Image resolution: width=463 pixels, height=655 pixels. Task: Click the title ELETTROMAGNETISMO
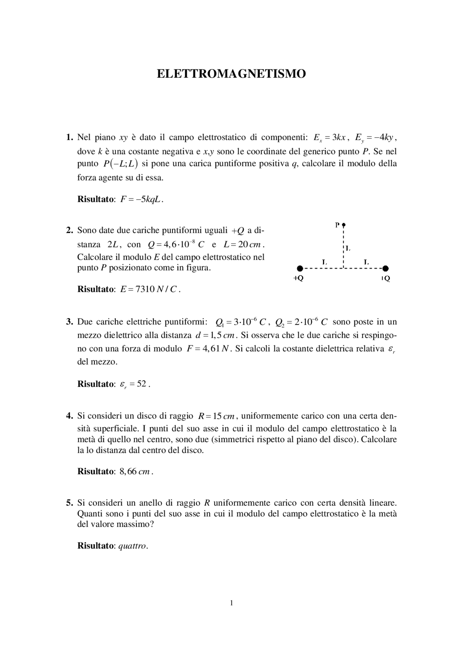click(231, 74)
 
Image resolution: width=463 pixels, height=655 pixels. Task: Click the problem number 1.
click(69, 137)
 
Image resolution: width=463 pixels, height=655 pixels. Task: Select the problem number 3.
click(69, 322)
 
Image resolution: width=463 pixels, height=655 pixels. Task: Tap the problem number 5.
click(69, 503)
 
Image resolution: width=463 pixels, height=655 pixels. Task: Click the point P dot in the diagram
click(344, 224)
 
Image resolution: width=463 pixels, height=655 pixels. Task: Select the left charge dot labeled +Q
click(300, 268)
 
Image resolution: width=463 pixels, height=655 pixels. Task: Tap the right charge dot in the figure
click(386, 268)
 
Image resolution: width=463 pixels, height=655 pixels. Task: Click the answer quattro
click(133, 546)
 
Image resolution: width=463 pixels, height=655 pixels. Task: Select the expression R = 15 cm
click(217, 416)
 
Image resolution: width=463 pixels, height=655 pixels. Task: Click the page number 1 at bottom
click(231, 603)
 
